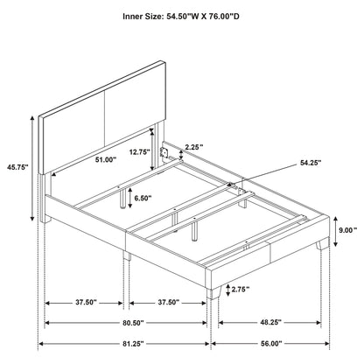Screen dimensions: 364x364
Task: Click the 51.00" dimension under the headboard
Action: coord(103,159)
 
